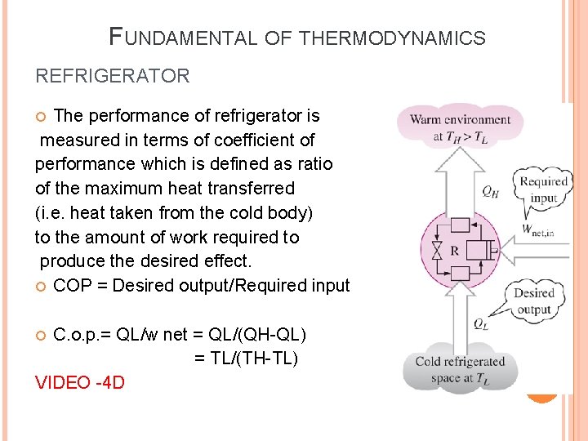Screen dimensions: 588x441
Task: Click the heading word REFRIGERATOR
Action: coord(112,77)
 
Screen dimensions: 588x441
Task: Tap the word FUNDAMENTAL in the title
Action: coord(180,38)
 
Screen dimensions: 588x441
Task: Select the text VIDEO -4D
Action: coord(80,382)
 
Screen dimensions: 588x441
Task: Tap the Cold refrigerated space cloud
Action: coord(460,370)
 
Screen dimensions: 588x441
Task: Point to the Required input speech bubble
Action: coord(543,189)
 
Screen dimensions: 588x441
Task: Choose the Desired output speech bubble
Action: coord(533,301)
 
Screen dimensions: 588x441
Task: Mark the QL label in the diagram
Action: coord(482,323)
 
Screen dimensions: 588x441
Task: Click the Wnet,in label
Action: coord(538,231)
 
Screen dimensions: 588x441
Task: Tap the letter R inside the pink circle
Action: coord(453,250)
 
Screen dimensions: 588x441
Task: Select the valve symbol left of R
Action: coord(435,249)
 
